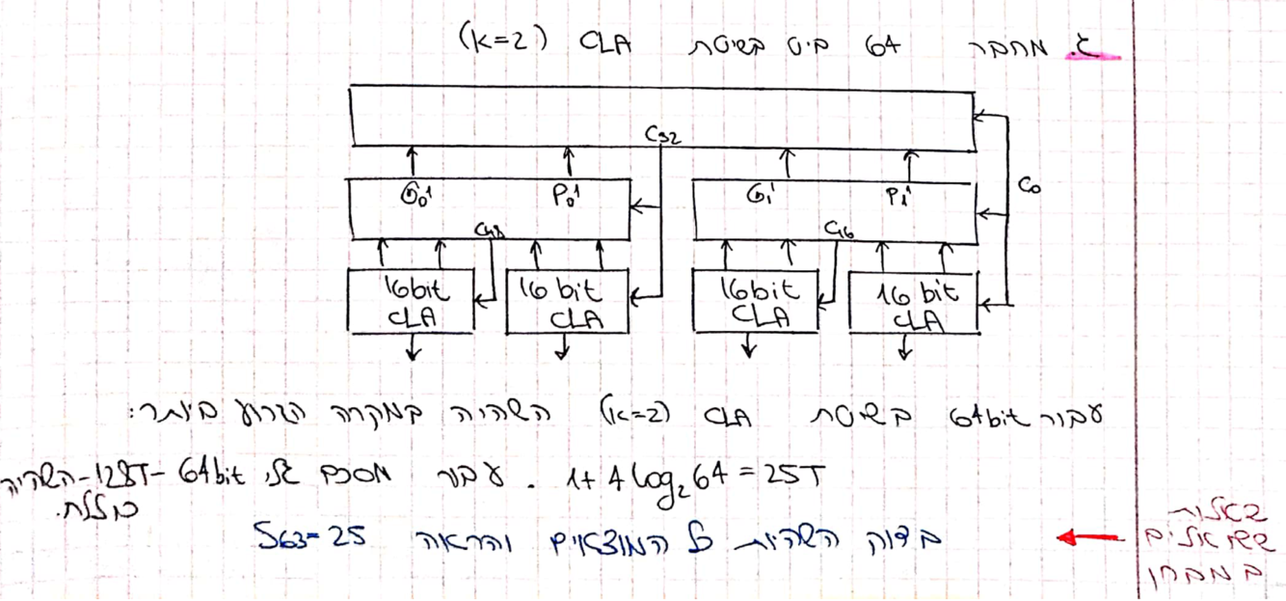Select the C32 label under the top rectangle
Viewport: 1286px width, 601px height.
(x=665, y=136)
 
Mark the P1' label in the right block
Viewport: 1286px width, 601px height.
(x=899, y=198)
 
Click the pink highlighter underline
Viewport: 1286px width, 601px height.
(x=1095, y=57)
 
